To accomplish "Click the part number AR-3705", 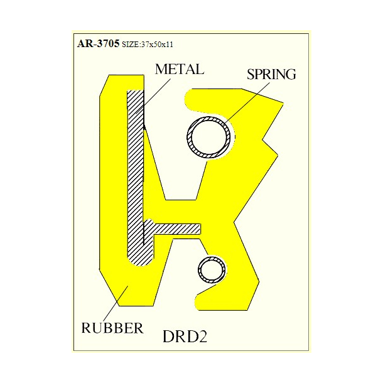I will [97, 44].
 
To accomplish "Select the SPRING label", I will [271, 75].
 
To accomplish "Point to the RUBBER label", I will [112, 327].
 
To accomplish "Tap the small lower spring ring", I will [212, 270].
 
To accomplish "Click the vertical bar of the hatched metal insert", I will [136, 176].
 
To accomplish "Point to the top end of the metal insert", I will [136, 95].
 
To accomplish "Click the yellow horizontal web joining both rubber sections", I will [195, 211].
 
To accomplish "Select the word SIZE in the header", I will [128, 45].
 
